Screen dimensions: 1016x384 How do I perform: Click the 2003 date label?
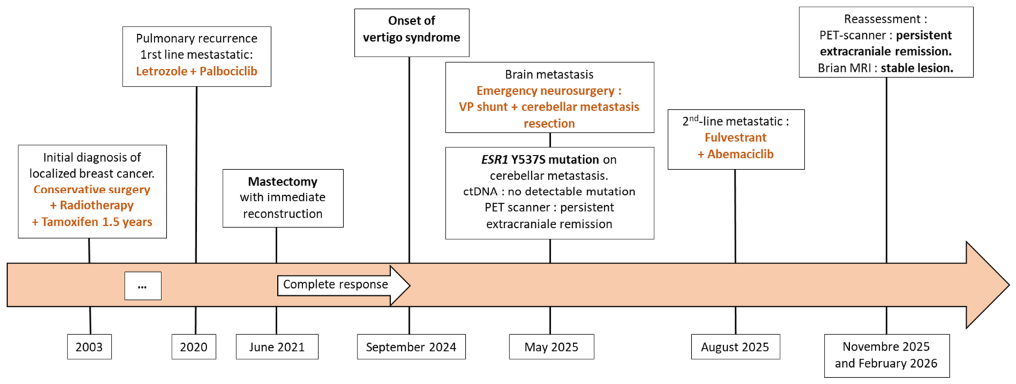tap(89, 346)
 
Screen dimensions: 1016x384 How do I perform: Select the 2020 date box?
tap(193, 346)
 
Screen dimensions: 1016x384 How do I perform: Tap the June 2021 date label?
tap(276, 346)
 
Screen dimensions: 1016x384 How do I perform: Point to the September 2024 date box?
tap(411, 346)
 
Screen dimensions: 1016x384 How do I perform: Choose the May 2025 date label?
tap(552, 346)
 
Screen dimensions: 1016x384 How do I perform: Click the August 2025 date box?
tap(735, 346)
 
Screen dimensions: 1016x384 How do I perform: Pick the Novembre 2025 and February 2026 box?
tap(887, 355)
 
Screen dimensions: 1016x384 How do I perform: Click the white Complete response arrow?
tap(343, 285)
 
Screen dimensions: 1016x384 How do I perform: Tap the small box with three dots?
tap(143, 286)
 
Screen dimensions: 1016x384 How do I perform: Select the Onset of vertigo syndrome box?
tap(412, 33)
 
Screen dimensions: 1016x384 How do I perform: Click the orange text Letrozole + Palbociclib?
tap(196, 72)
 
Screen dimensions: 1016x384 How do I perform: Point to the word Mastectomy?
tap(283, 182)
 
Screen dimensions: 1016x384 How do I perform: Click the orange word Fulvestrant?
tap(735, 138)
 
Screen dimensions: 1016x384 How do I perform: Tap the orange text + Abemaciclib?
tap(735, 155)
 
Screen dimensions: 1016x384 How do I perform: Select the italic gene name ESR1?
tap(494, 160)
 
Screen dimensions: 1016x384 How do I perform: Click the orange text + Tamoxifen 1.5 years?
tap(92, 222)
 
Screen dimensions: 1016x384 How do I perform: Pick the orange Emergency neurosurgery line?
tap(549, 91)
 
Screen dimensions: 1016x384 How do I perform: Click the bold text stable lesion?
tap(917, 68)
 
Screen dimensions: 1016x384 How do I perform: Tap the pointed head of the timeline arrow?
tap(1009, 285)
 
